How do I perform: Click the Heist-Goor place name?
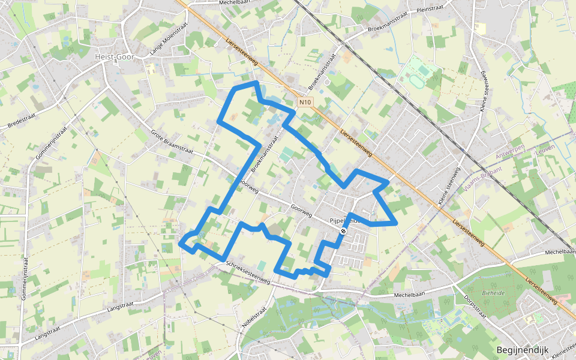tap(113, 56)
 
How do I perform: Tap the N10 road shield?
tap(305, 102)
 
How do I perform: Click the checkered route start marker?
tap(343, 231)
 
